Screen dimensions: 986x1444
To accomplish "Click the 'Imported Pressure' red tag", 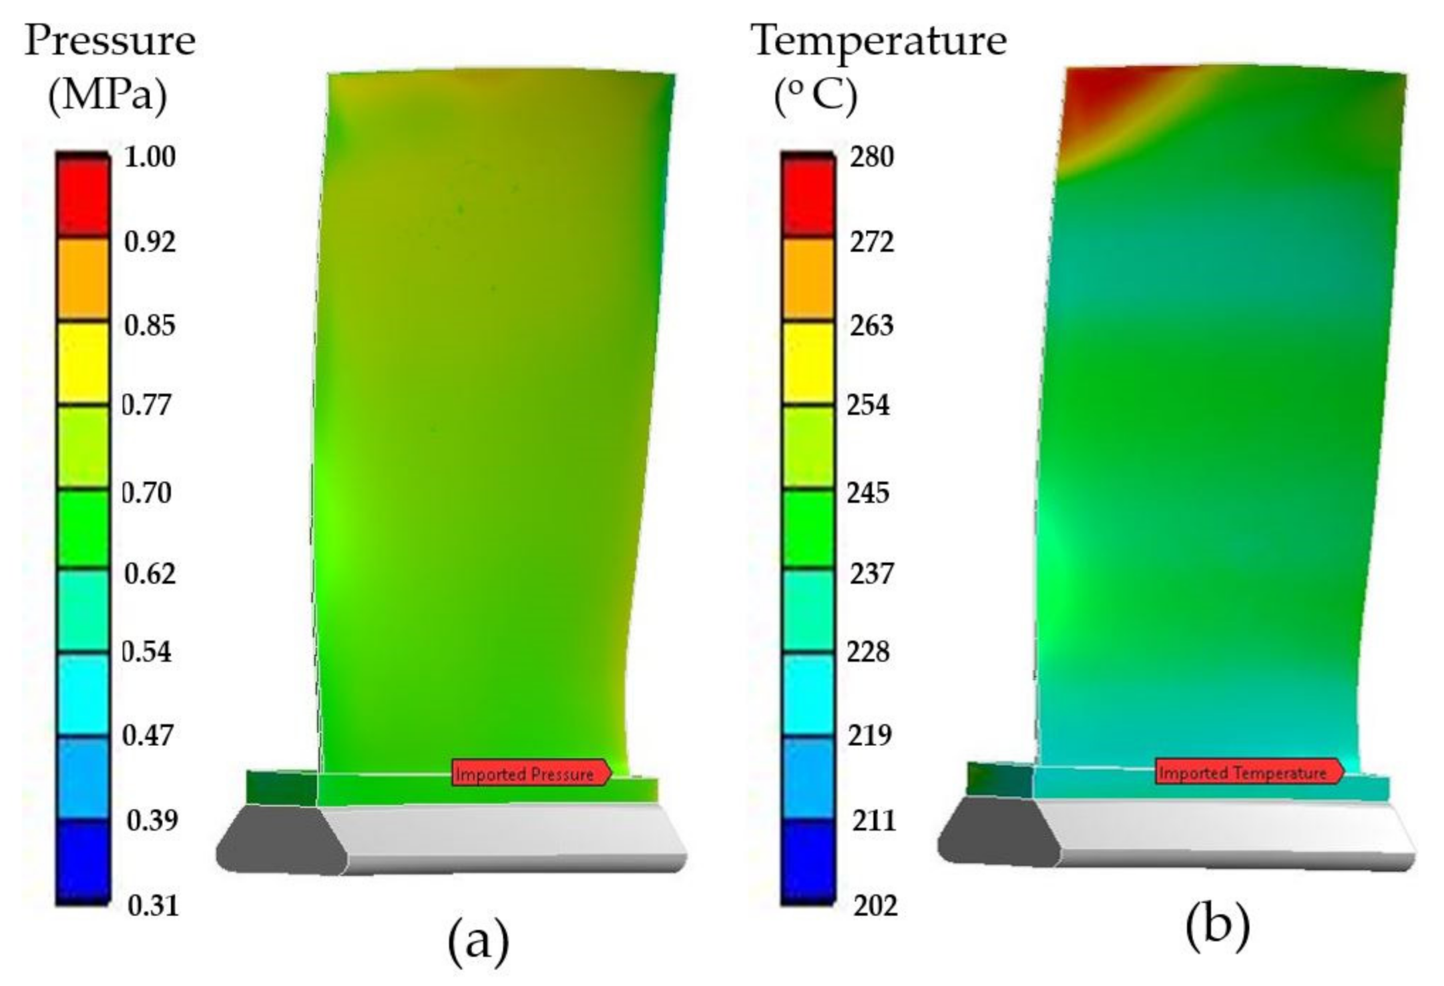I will tap(531, 773).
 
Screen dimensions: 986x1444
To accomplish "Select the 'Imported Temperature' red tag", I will tap(1248, 773).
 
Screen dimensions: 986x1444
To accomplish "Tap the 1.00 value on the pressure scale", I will tap(150, 157).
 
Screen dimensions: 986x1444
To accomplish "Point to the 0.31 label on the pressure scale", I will tap(154, 906).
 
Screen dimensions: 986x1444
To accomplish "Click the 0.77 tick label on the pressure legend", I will tap(147, 405).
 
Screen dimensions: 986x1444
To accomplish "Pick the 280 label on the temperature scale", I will tap(871, 157).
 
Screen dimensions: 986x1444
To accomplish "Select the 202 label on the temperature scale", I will tap(875, 906).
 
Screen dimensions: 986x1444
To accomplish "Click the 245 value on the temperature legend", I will tap(869, 493).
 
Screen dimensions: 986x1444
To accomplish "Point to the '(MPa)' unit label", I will tap(107, 97).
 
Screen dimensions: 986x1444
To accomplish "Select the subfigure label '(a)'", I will tap(478, 941).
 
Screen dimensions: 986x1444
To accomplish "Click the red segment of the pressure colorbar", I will tap(82, 197).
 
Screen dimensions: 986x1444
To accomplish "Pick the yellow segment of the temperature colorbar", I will tap(808, 364).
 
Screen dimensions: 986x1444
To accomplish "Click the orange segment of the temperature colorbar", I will tap(808, 279).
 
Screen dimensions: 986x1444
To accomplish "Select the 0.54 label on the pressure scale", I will tap(147, 652).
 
